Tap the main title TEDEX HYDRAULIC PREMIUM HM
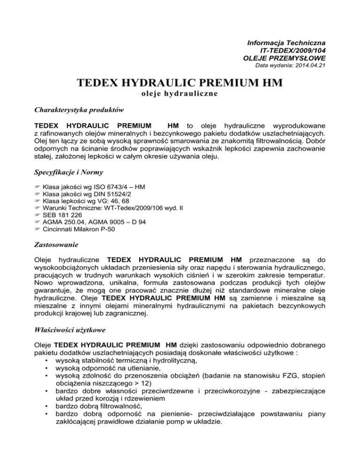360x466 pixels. (x=180, y=84)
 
